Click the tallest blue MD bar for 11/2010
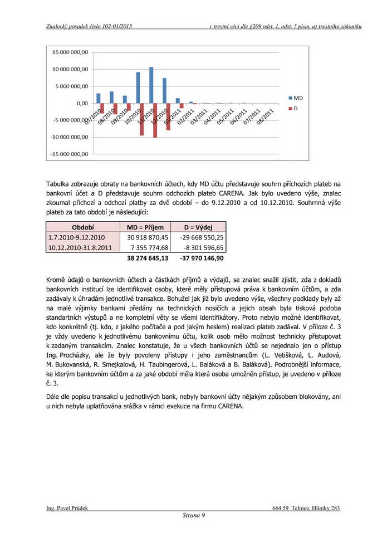coord(151,85)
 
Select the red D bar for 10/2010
coord(142,119)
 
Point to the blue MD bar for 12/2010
coord(164,91)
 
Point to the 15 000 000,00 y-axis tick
coord(70,52)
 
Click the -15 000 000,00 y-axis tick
coord(69,154)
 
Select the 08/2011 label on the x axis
coord(264,118)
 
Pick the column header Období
coord(82,227)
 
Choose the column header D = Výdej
coord(198,227)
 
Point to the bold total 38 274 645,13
coord(148,258)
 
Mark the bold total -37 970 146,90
coord(202,258)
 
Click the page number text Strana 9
coord(194,516)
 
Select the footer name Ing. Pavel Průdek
coord(67,508)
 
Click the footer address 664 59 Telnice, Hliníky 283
coord(306,508)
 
